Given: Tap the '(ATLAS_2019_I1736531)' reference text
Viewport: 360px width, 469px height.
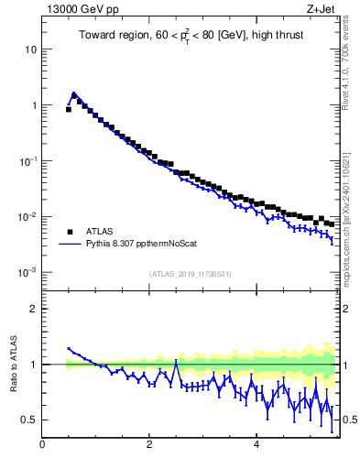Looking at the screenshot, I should (190, 274).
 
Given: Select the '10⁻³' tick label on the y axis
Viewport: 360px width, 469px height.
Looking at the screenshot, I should (27, 273).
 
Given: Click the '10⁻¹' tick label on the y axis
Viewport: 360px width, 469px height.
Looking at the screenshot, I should (27, 161).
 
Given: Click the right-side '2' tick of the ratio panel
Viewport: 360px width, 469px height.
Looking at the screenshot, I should (347, 309).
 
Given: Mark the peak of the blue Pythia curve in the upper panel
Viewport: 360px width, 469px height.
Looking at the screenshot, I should (74, 93).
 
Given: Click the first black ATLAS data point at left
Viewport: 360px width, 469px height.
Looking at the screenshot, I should (69, 109).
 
